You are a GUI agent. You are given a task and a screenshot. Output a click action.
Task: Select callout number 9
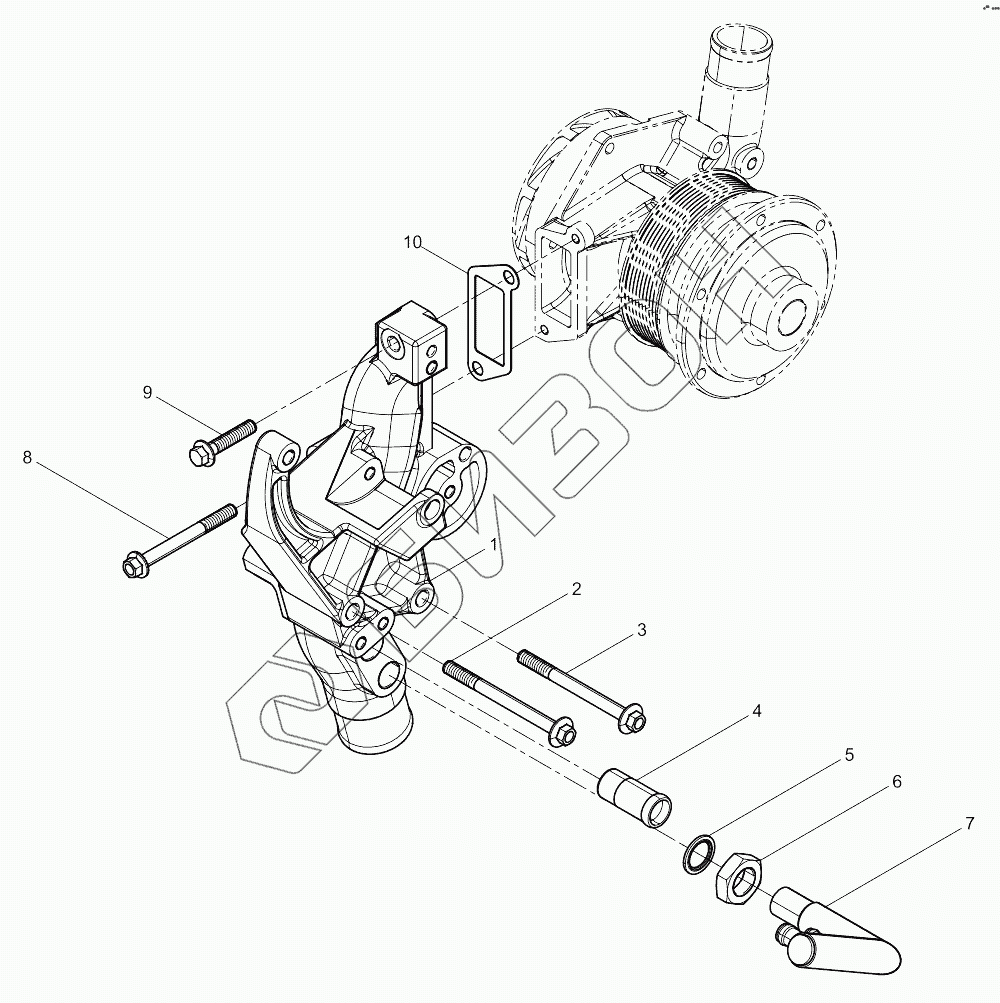147,393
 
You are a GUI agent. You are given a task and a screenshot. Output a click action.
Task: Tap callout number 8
28,458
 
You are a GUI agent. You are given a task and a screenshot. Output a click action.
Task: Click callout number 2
576,590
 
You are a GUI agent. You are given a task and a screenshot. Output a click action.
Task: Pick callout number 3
642,630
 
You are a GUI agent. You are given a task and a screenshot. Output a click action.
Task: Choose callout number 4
757,711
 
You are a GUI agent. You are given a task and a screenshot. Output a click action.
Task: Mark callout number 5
849,755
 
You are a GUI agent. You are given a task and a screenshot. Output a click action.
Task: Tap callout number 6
896,782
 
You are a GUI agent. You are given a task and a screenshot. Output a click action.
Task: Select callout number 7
968,825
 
